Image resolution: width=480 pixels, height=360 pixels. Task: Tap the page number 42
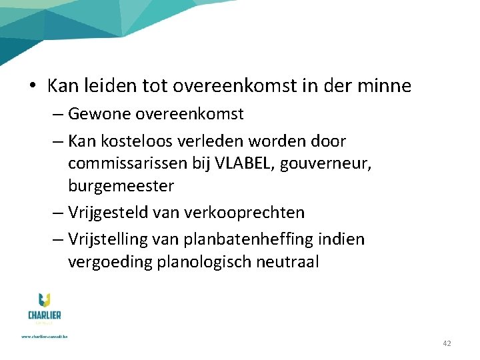(x=447, y=343)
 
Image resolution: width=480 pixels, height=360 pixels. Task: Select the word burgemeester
(x=121, y=185)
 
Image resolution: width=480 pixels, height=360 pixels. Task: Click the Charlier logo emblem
(x=44, y=301)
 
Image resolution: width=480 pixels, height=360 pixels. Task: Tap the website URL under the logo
(x=44, y=336)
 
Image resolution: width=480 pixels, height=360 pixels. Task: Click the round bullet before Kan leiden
(x=33, y=86)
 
